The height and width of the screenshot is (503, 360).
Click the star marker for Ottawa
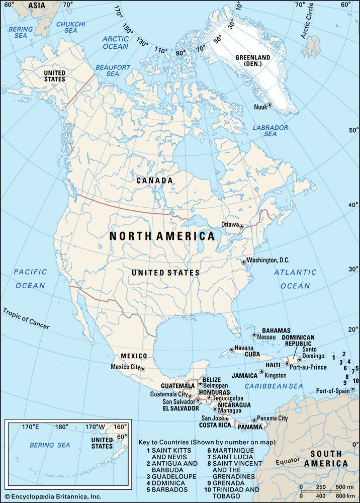click(241, 227)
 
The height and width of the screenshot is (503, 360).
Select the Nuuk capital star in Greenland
click(269, 105)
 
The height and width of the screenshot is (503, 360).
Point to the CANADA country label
click(155, 180)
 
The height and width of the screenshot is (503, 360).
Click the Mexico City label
click(125, 367)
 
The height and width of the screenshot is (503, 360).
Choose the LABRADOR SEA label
click(271, 131)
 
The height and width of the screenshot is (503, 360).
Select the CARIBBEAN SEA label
click(274, 386)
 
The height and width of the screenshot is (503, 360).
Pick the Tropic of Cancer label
click(26, 318)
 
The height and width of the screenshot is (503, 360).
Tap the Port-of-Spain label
click(333, 391)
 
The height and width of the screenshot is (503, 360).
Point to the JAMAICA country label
click(245, 375)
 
